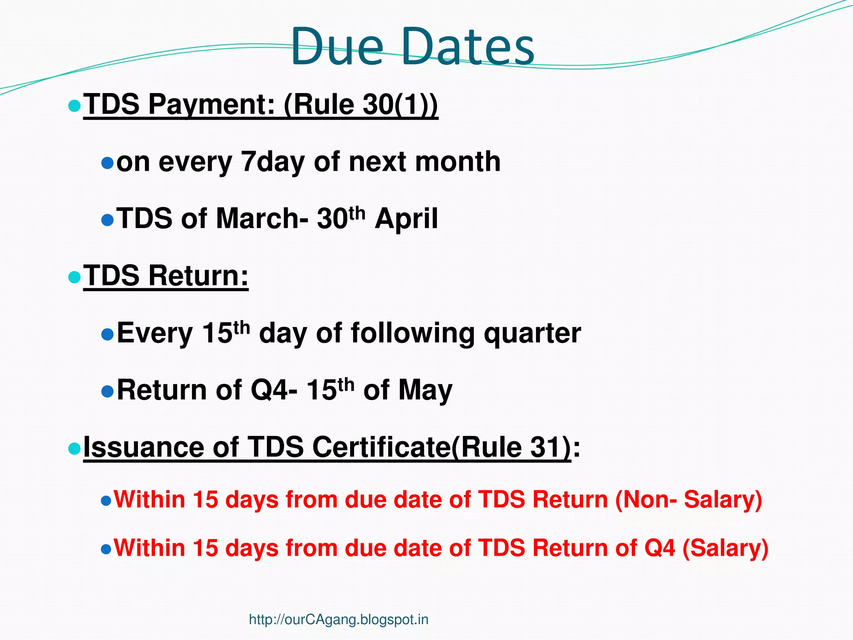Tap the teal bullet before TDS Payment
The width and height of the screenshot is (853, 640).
click(x=74, y=106)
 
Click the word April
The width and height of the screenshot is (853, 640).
click(x=406, y=219)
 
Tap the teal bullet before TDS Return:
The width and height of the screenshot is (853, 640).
click(x=74, y=277)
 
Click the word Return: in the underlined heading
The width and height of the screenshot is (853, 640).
click(x=199, y=276)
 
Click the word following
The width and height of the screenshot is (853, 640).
click(x=412, y=334)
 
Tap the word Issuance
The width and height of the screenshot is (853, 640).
click(x=144, y=447)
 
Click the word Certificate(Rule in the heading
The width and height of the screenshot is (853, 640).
click(x=417, y=447)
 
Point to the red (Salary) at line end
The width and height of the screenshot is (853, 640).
click(x=725, y=548)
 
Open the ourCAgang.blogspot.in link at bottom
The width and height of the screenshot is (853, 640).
click(x=338, y=620)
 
